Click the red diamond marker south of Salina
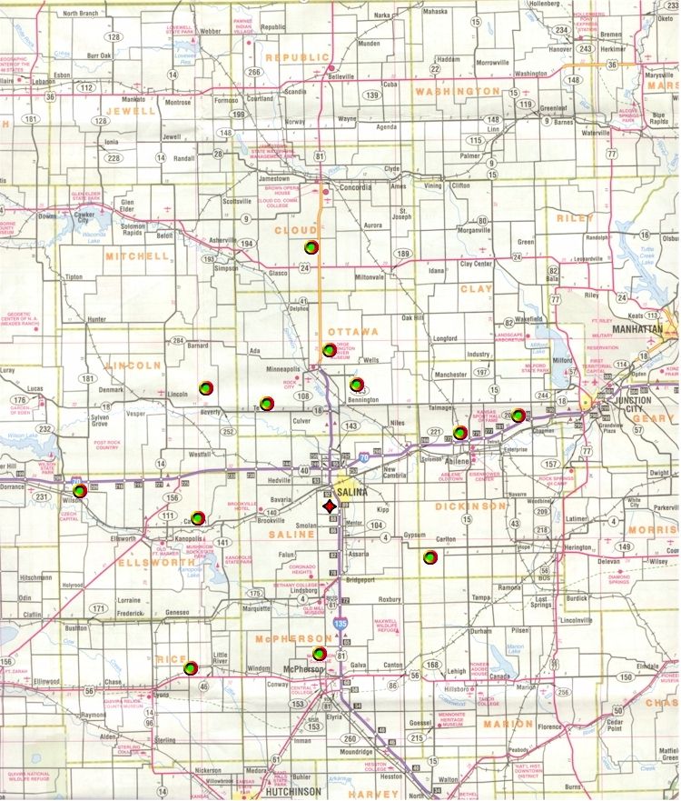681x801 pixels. [329, 507]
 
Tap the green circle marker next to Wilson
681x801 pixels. [79, 491]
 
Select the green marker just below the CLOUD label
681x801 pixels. [311, 247]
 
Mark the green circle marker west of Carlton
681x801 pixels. [429, 556]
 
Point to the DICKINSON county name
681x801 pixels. [470, 505]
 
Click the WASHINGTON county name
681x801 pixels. [458, 92]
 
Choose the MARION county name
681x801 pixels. [508, 723]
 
